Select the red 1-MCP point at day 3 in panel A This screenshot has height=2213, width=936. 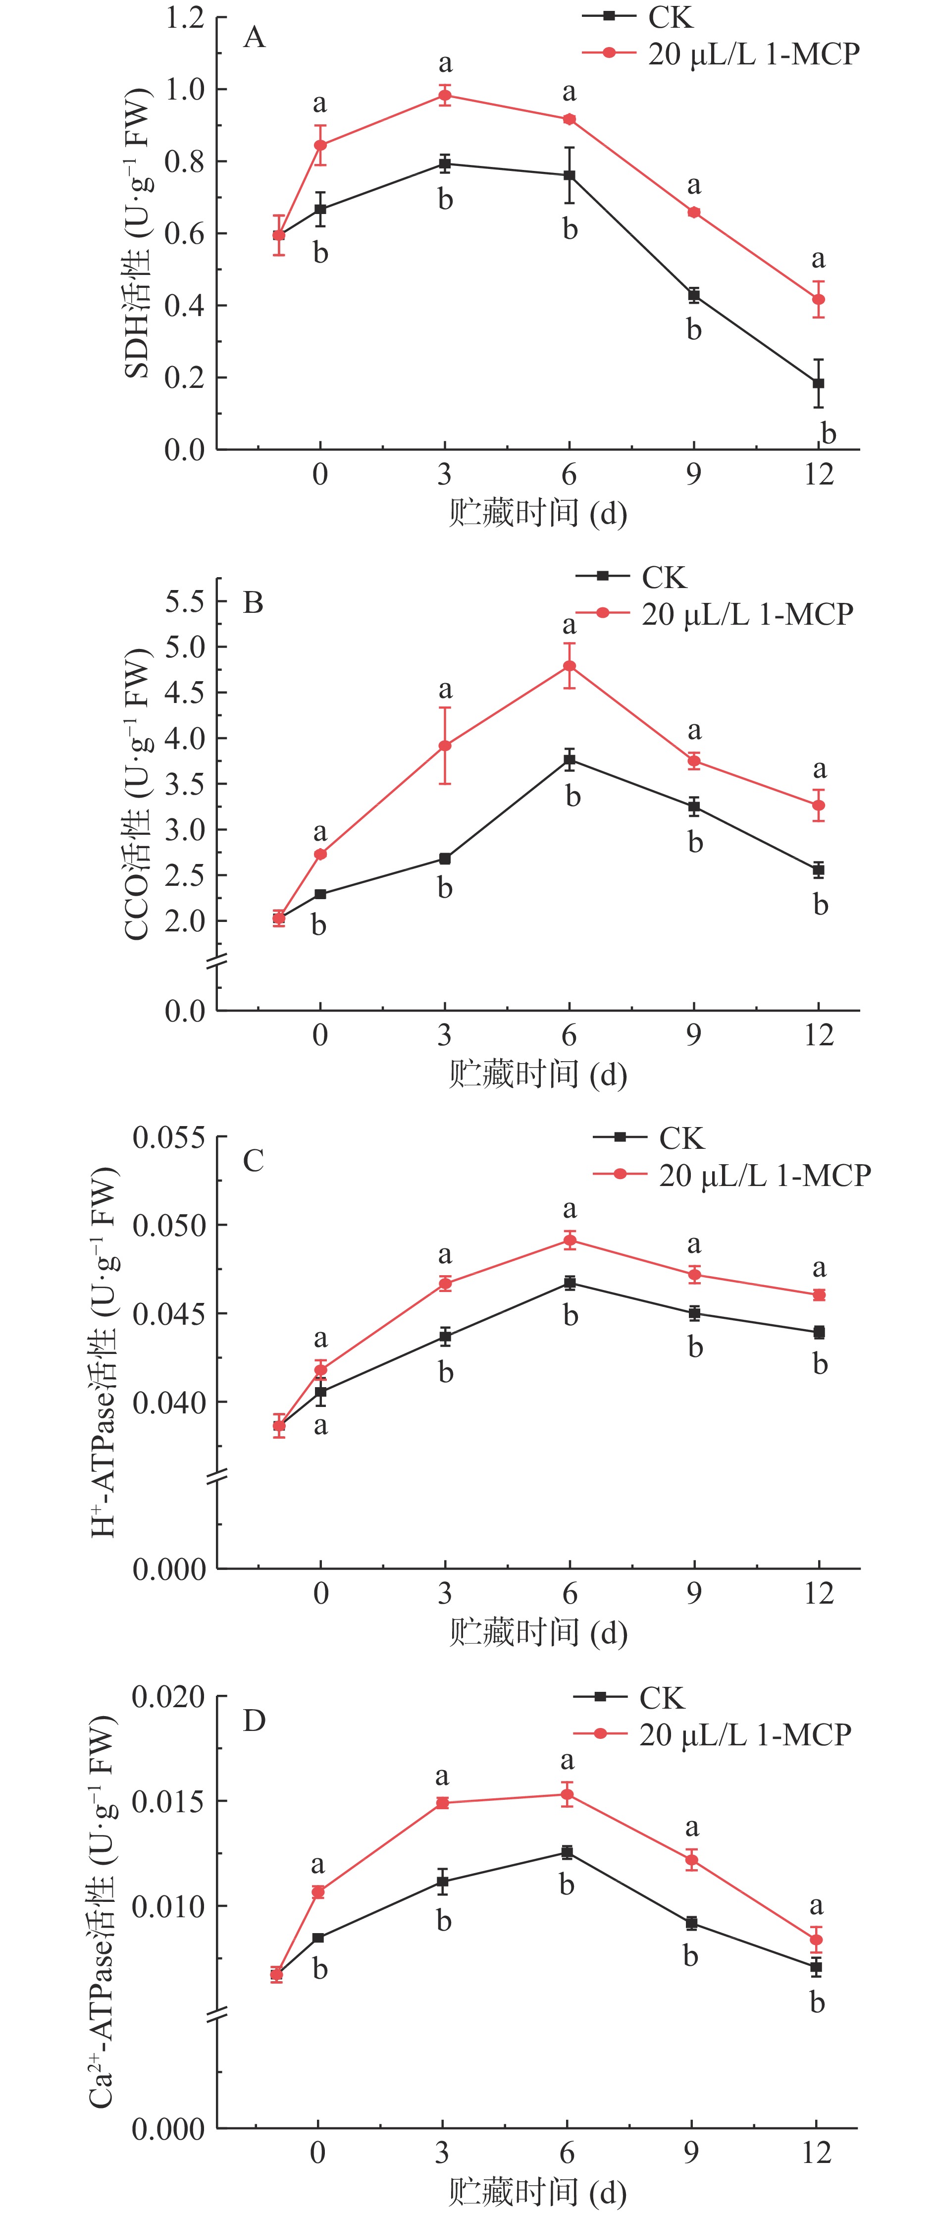pos(445,95)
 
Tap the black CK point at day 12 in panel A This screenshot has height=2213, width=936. pos(818,383)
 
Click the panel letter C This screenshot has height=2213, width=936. pos(254,1161)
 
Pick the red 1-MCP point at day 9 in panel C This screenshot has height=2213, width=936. pos(694,1274)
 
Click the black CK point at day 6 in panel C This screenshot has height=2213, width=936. pos(570,1283)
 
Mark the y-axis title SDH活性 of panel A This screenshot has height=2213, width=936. pos(137,232)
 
